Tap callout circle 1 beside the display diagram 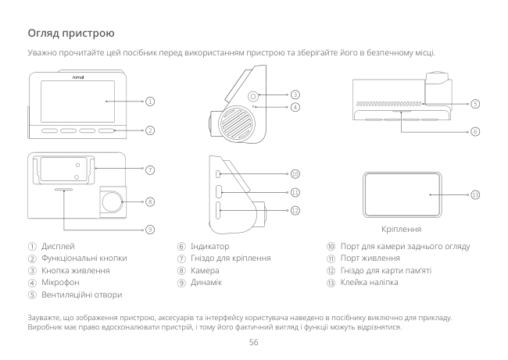coord(148,102)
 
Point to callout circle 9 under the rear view coord(148,230)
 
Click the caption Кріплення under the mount coord(402,230)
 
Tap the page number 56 coord(253,343)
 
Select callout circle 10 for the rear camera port coord(295,173)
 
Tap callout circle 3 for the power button coord(295,94)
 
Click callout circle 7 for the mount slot coord(148,169)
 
